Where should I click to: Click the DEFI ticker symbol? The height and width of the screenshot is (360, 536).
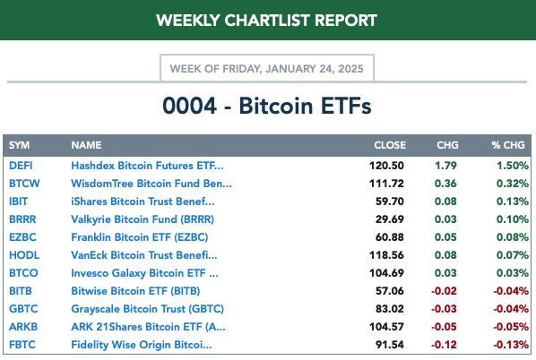21,166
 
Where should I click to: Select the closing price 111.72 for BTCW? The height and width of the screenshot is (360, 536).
386,184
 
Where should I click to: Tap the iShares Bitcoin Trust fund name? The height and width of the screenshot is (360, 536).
143,201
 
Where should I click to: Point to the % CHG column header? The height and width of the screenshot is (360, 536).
508,145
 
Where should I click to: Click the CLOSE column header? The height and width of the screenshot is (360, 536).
390,145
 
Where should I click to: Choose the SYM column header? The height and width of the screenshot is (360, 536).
19,145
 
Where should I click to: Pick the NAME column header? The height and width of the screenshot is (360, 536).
86,145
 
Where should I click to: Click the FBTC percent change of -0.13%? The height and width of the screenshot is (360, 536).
511,345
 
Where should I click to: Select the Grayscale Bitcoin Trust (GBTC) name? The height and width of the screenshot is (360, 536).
147,309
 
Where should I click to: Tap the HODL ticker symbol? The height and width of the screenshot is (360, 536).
24,255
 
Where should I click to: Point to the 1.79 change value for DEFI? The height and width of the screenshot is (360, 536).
445,166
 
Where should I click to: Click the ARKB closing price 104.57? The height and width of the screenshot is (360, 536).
386,327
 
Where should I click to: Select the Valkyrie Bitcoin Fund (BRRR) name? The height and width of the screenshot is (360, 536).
143,219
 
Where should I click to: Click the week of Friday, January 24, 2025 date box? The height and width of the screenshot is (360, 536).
267,68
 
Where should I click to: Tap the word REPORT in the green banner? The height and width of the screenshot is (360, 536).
346,21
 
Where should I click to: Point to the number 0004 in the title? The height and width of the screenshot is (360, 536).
189,106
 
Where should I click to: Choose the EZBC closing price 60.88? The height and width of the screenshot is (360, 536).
390,237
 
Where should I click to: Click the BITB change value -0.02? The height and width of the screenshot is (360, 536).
444,291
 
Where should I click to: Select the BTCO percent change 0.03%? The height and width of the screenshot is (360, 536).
513,273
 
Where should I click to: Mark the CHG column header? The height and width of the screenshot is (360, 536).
447,145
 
